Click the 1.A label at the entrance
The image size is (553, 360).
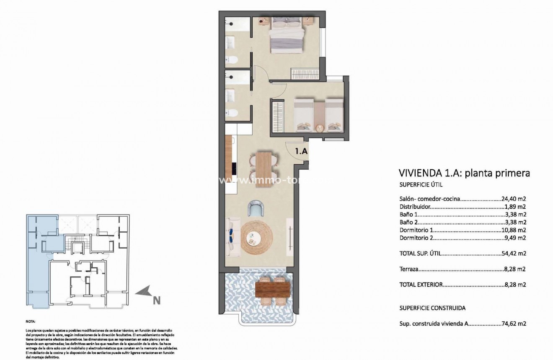tap(302, 152)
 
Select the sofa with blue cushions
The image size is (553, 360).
tap(233, 237)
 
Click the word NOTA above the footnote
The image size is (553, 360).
tap(31, 322)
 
